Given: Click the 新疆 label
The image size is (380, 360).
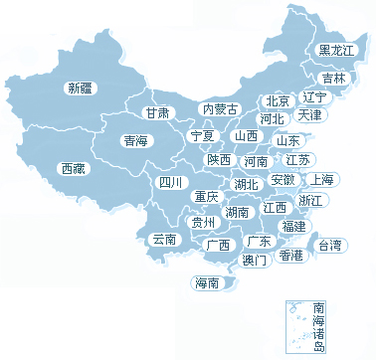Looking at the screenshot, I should [80, 88].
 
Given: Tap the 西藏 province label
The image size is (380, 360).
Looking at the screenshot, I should [73, 168].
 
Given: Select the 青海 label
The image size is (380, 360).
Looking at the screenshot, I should [135, 141].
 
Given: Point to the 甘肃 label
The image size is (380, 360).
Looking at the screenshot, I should [157, 112].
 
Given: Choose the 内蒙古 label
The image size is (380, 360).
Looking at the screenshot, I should [220, 108].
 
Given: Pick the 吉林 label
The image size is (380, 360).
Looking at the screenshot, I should [333, 78].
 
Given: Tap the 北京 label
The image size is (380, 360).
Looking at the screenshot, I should [277, 100].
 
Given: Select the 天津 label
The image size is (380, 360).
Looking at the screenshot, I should [309, 115].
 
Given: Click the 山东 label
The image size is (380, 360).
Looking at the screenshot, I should [287, 140].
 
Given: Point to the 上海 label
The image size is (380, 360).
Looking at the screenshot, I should [320, 179].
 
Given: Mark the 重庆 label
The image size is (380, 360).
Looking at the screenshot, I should [206, 196].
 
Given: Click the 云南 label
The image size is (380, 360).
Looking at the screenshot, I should [164, 239].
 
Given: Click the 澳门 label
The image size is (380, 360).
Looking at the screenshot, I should [255, 261].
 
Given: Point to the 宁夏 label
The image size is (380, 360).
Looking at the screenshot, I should [202, 135].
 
